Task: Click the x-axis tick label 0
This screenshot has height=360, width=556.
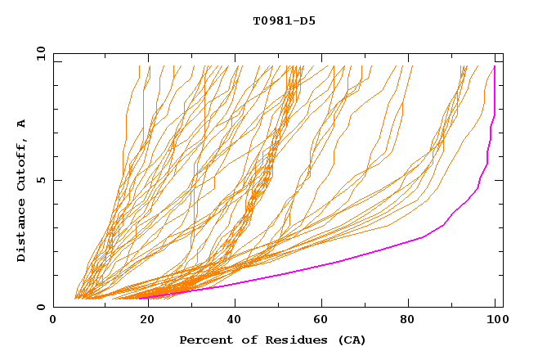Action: click(53, 321)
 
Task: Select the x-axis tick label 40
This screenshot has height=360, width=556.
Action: click(235, 321)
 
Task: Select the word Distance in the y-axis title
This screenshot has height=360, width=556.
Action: click(22, 232)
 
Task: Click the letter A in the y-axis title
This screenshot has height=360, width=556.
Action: click(22, 124)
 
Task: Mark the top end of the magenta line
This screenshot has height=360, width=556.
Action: click(495, 66)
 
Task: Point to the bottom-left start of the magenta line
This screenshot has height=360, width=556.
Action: click(139, 298)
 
